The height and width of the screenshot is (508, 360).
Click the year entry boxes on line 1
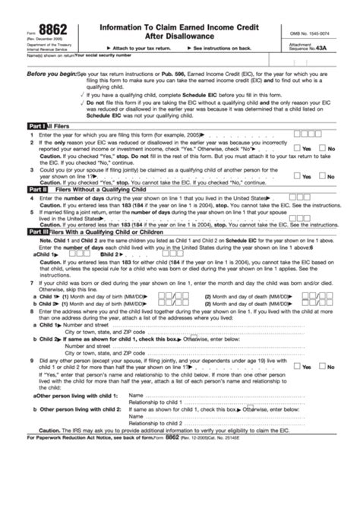(307, 132)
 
